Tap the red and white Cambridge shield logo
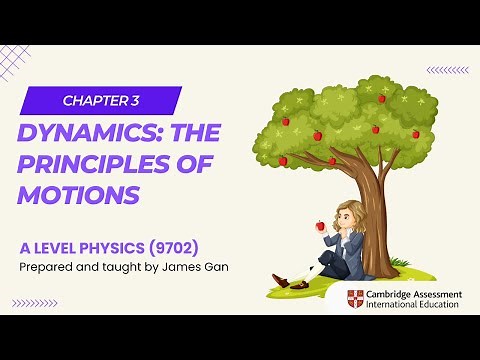tap(355, 299)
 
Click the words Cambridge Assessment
tap(410, 293)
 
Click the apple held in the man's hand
tap(321, 226)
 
